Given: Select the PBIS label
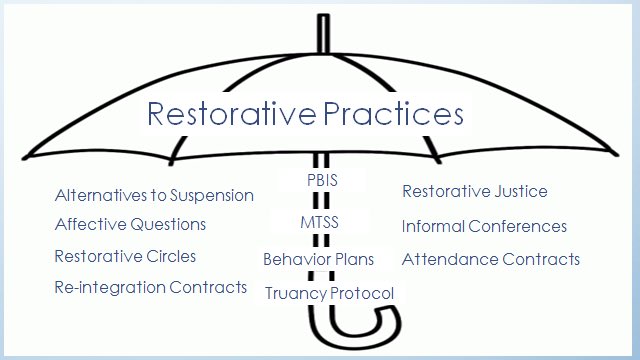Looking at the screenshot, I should (322, 181).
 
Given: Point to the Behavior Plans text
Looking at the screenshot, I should (318, 259).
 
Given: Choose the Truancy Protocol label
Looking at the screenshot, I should (329, 293).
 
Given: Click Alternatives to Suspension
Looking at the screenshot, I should (154, 195).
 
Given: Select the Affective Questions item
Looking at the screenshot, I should (130, 224).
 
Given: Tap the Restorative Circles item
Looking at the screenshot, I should (125, 256).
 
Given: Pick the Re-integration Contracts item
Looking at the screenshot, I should (150, 287).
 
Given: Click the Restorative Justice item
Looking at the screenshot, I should (474, 191).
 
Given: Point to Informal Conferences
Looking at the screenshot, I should (484, 226).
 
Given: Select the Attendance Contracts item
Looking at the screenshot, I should (490, 259).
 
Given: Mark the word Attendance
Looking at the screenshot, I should (444, 259).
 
